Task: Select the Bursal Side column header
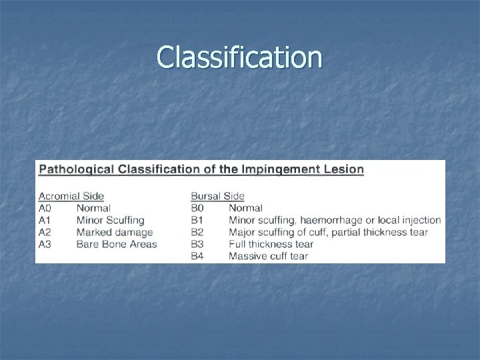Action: pyautogui.click(x=217, y=196)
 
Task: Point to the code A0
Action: pyautogui.click(x=45, y=208)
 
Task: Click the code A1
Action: pyautogui.click(x=45, y=220)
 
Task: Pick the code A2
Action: pyautogui.click(x=45, y=232)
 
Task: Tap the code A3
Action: pyautogui.click(x=45, y=244)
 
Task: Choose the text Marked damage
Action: pyautogui.click(x=115, y=232)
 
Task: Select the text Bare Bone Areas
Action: pyautogui.click(x=117, y=244)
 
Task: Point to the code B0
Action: pyautogui.click(x=198, y=208)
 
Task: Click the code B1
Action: pyautogui.click(x=198, y=220)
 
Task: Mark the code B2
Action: pyautogui.click(x=198, y=232)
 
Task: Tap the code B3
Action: pyautogui.click(x=198, y=244)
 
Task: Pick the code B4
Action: pyautogui.click(x=198, y=256)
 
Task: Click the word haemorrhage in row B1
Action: pyautogui.click(x=343, y=220)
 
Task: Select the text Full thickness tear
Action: pyautogui.click(x=271, y=244)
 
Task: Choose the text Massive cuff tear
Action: pyautogui.click(x=268, y=256)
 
